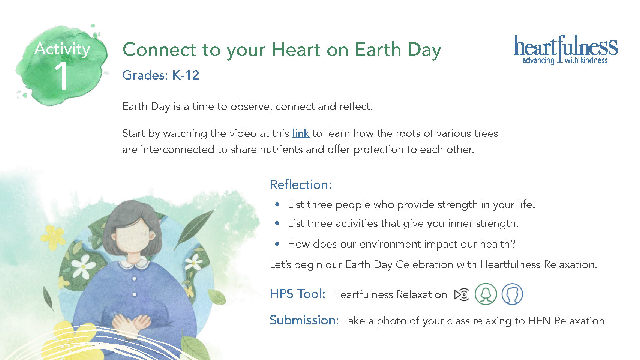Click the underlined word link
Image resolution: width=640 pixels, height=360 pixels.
(x=301, y=133)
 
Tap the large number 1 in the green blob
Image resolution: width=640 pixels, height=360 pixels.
(x=61, y=76)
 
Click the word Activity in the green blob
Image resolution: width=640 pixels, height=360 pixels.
(x=62, y=49)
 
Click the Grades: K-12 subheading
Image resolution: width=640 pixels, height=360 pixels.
(x=160, y=75)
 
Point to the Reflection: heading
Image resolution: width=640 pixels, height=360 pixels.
(x=301, y=184)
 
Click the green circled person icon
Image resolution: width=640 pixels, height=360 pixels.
(x=486, y=294)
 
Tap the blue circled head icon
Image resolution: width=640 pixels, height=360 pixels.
(x=512, y=294)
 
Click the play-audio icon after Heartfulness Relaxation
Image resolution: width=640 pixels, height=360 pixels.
(x=462, y=295)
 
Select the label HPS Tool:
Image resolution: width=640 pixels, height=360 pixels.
(x=297, y=294)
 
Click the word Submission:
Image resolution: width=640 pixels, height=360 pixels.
(x=304, y=320)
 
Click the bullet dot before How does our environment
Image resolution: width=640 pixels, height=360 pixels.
(x=277, y=244)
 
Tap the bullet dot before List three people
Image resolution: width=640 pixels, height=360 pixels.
(x=277, y=205)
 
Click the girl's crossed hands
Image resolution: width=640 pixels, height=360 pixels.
(x=132, y=323)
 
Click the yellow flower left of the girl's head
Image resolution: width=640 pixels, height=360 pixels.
(x=54, y=237)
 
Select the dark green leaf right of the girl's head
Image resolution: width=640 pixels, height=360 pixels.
(x=194, y=229)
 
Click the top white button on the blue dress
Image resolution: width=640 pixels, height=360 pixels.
(x=134, y=278)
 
